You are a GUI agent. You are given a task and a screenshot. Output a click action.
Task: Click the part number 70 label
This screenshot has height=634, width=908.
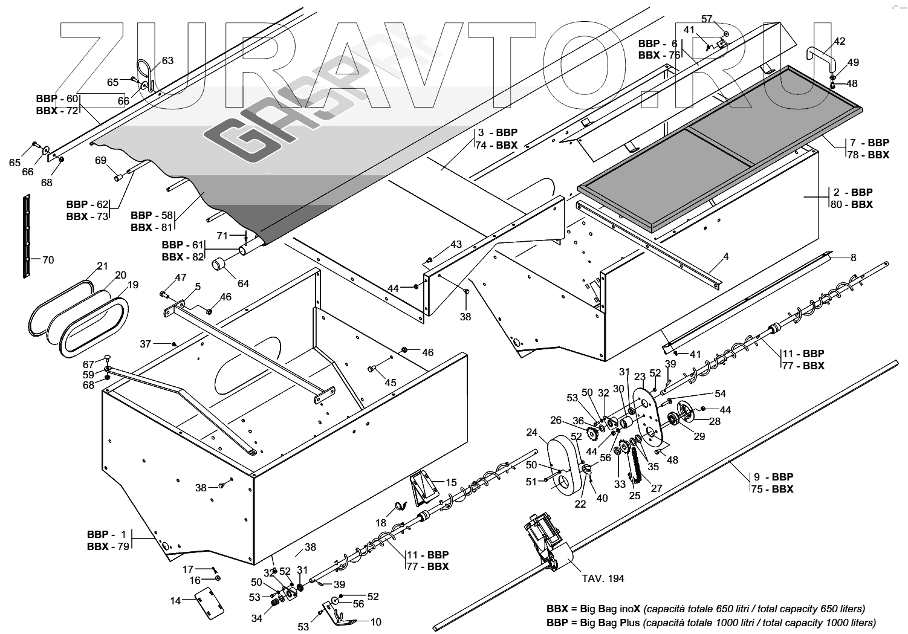point(48,260)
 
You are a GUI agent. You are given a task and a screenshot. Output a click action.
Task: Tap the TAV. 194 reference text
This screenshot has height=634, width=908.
point(603,578)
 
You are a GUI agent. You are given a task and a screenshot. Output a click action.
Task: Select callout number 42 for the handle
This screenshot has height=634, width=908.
point(840,41)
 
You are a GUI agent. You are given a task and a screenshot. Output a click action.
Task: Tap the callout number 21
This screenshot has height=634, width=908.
point(103,266)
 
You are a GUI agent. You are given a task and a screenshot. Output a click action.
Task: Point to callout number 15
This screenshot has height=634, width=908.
point(452,482)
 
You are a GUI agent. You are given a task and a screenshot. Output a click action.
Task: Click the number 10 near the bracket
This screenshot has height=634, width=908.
point(375,621)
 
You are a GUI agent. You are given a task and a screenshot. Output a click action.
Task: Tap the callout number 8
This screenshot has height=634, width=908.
point(853,257)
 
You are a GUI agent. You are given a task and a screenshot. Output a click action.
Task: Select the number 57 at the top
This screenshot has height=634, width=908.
point(707,19)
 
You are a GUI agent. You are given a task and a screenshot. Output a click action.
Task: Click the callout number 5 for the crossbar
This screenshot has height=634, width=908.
point(198,286)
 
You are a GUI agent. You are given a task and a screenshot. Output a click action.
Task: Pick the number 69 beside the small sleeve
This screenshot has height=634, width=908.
point(100,160)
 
